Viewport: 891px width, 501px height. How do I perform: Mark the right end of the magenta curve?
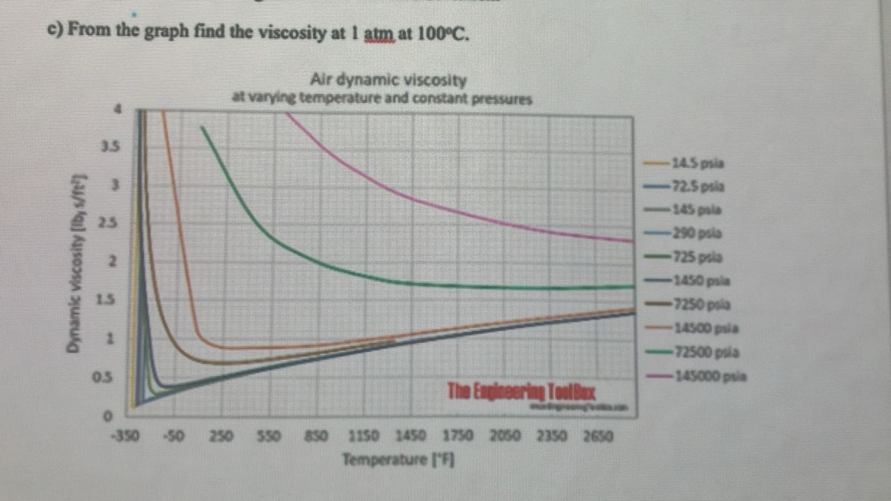pos(632,241)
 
